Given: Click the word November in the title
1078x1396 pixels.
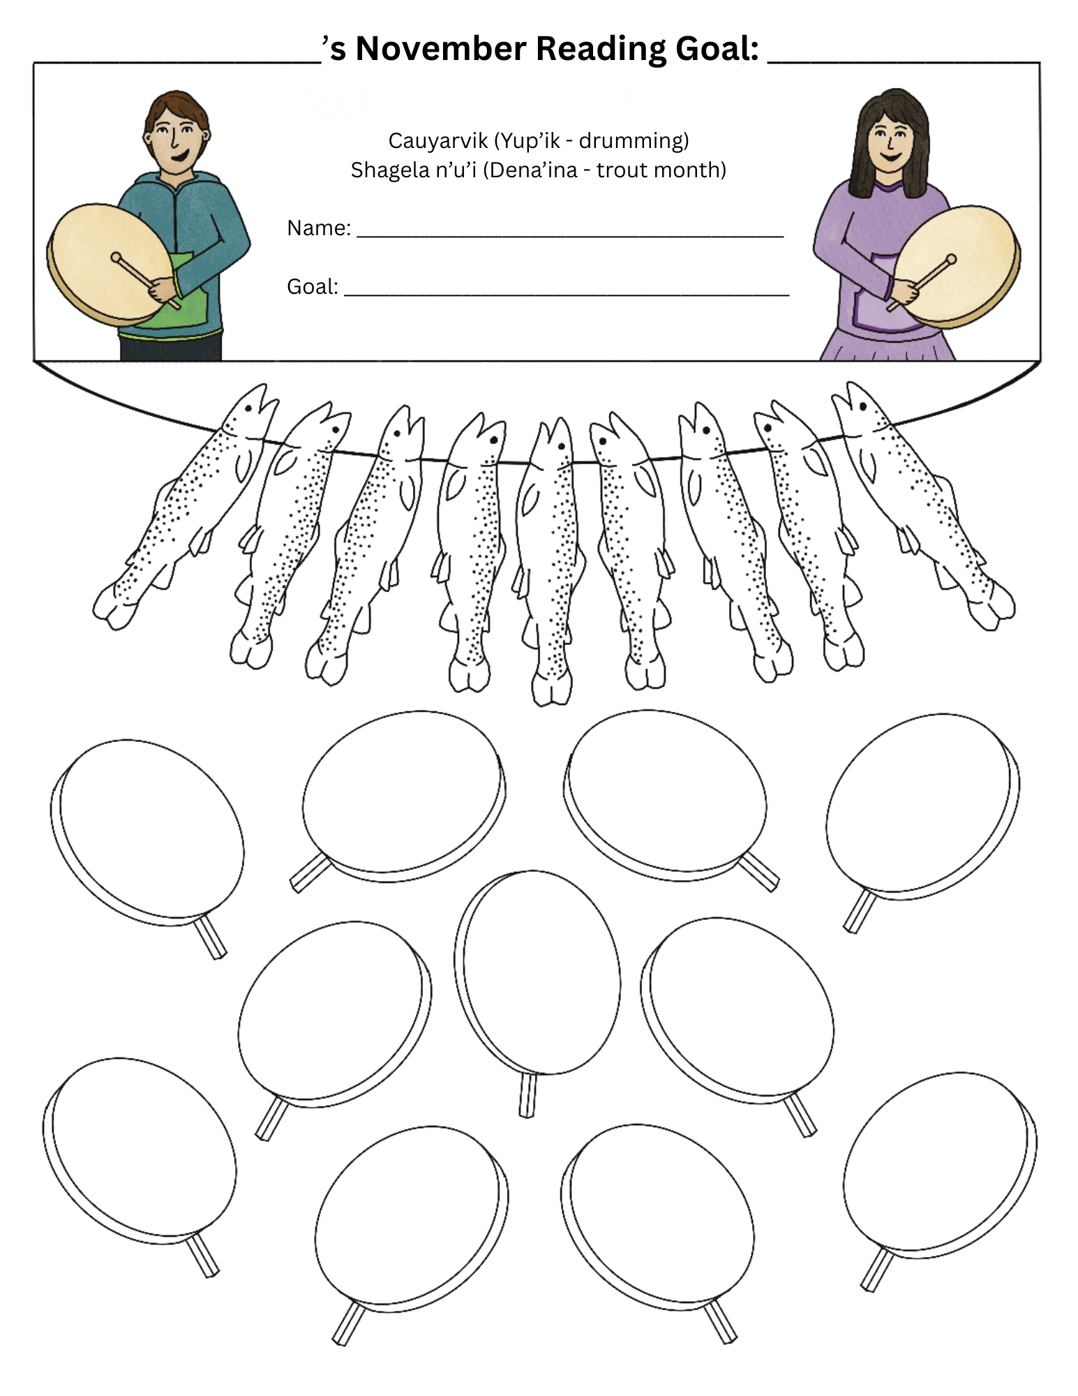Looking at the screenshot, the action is (441, 49).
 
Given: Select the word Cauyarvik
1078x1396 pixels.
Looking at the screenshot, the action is (438, 140).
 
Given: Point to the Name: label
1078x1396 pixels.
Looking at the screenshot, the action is (319, 228).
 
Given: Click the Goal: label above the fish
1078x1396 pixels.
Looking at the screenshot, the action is (313, 286).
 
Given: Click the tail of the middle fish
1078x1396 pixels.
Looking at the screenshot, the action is (552, 688).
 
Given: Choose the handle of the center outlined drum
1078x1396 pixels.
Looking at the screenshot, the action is (527, 1095).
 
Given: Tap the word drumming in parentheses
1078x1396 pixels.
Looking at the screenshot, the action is (634, 140).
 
